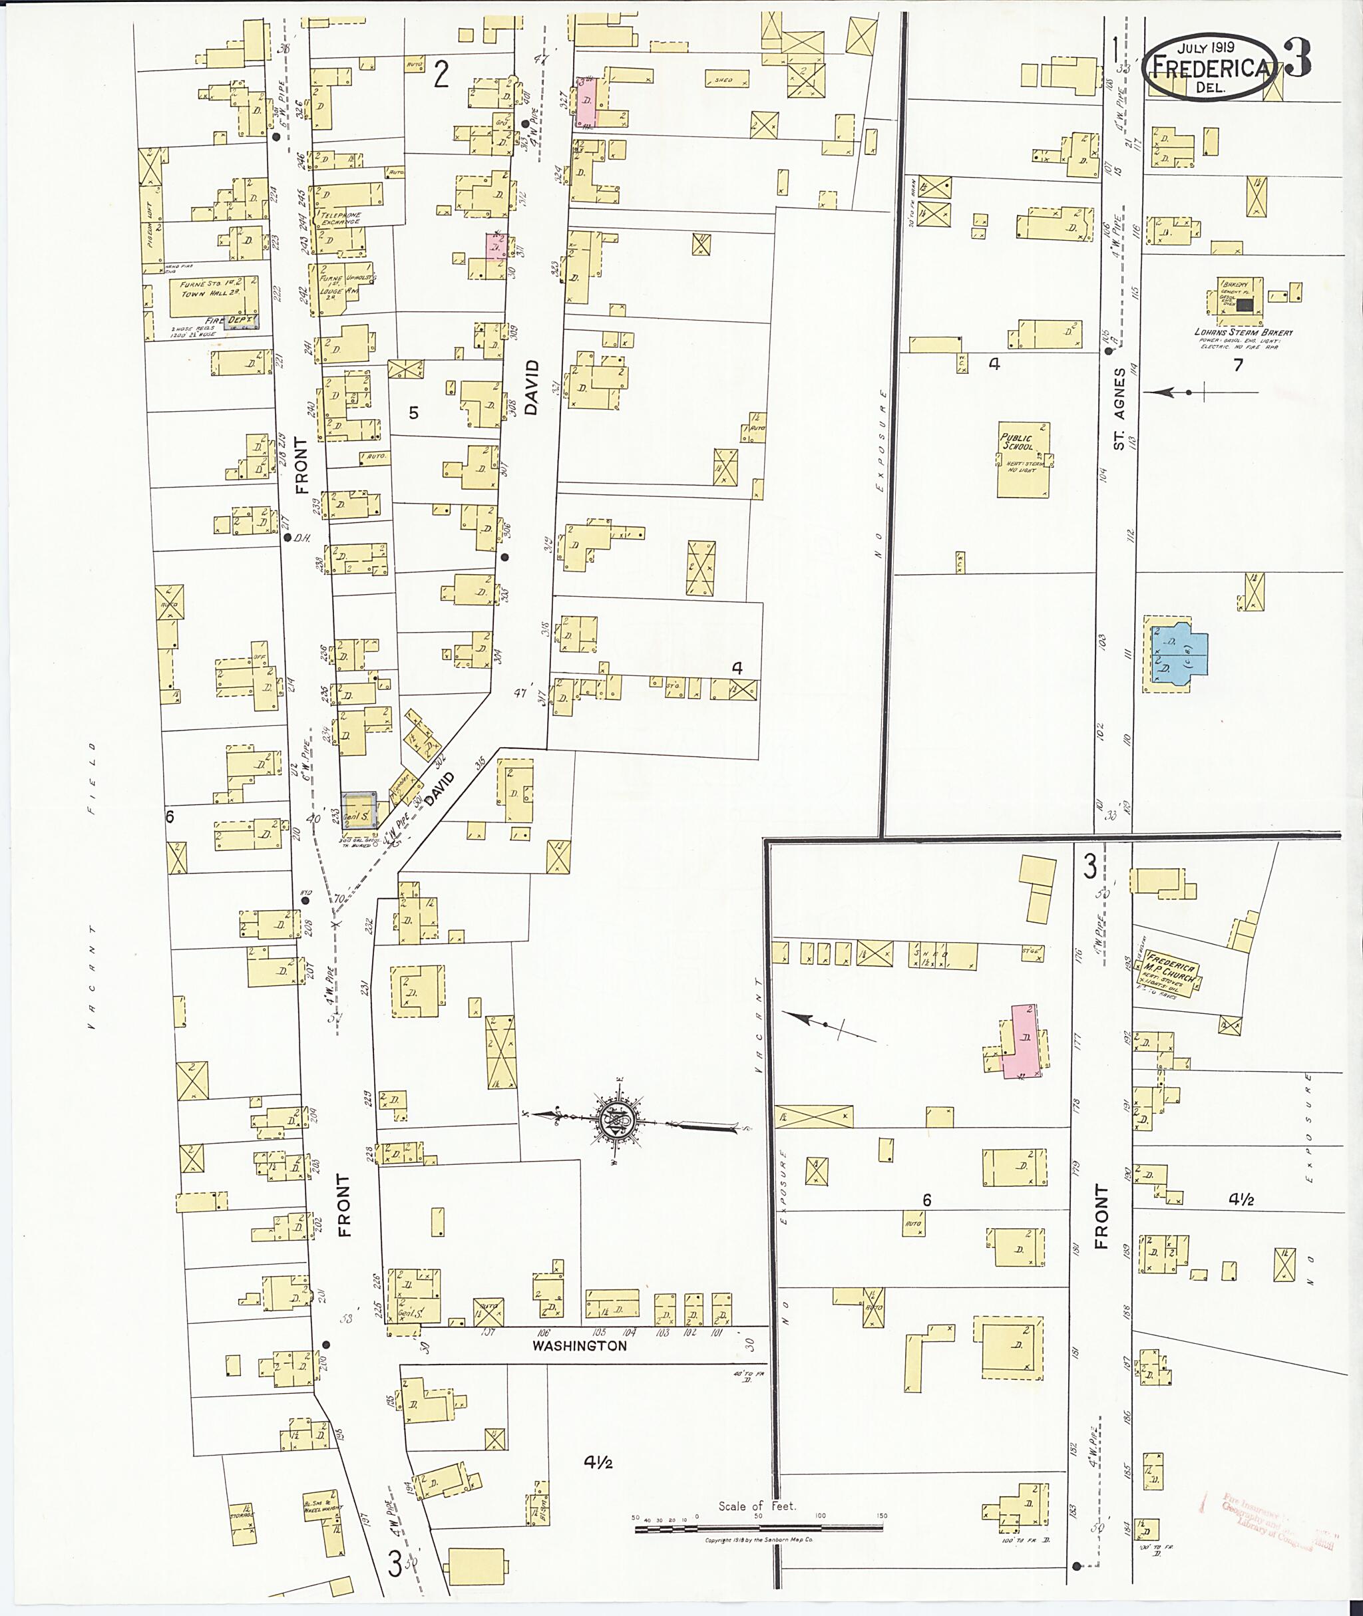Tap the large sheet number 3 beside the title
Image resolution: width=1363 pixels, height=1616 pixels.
click(1297, 59)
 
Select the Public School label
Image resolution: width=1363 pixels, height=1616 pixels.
click(1018, 442)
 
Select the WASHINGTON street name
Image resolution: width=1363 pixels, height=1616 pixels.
click(580, 1345)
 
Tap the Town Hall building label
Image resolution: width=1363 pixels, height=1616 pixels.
click(207, 293)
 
